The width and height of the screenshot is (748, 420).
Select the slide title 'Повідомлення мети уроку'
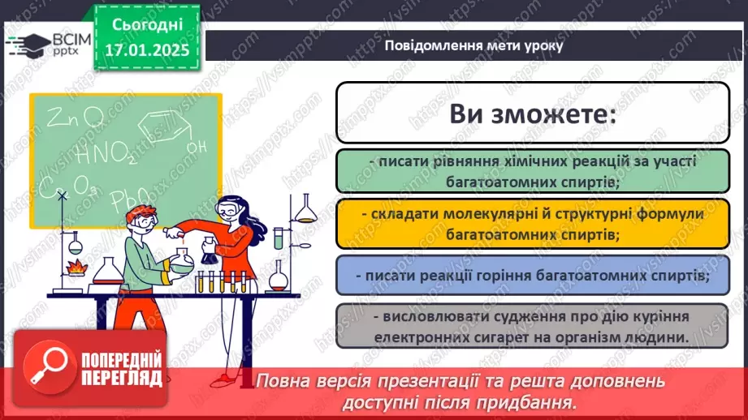[x=473, y=46]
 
